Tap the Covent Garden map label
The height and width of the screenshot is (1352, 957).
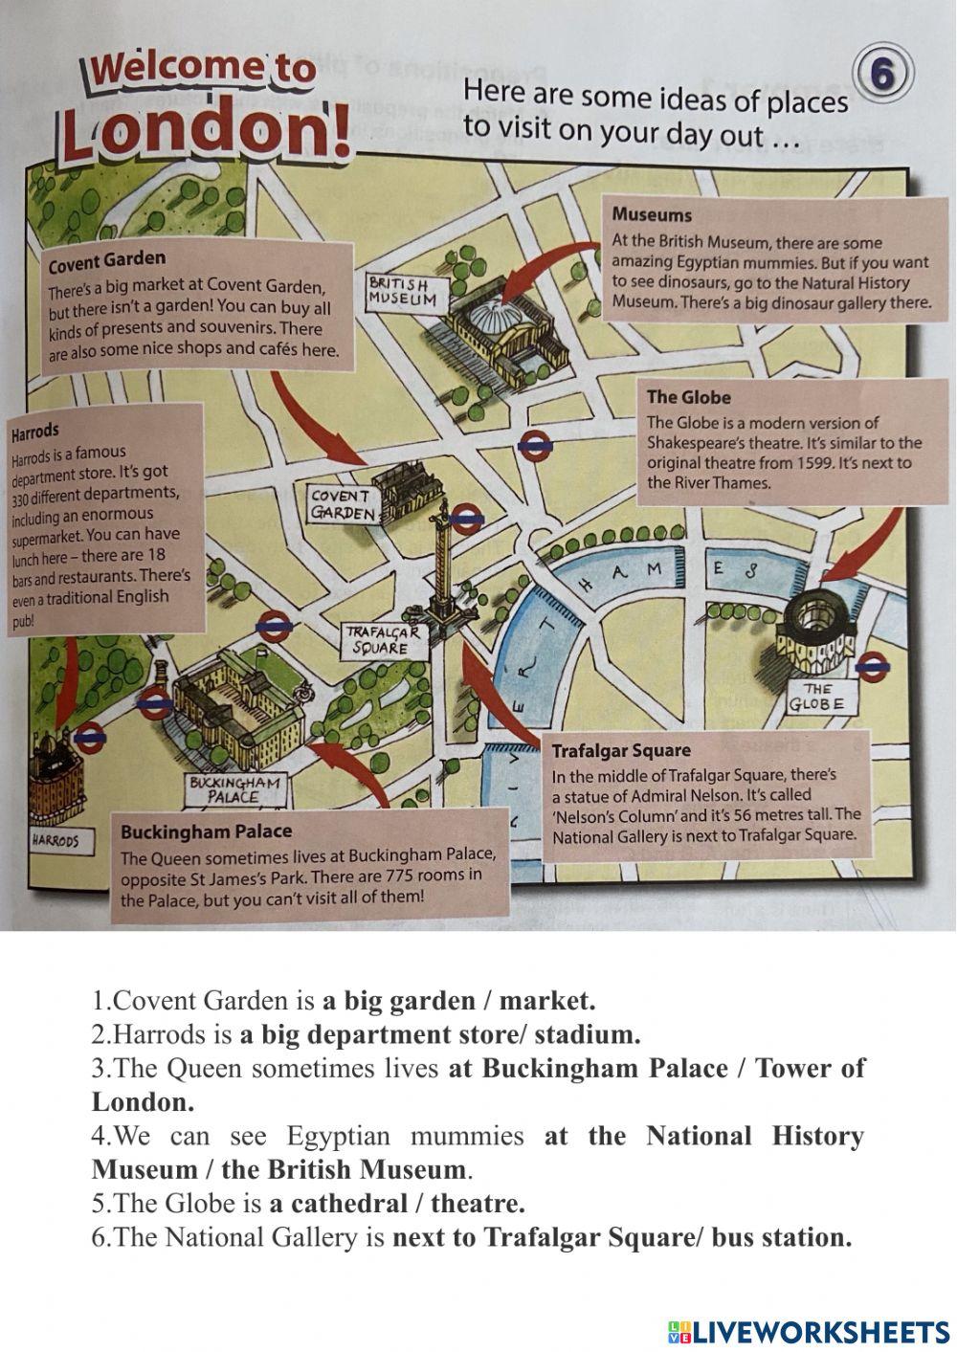(x=342, y=504)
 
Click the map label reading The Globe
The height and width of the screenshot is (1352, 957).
(x=816, y=697)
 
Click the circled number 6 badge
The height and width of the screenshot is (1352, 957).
(x=884, y=76)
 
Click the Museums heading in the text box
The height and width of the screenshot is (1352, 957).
(x=652, y=215)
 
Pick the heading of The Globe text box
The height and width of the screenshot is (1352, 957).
(x=688, y=397)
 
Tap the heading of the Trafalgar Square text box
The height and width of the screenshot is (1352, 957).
(x=621, y=750)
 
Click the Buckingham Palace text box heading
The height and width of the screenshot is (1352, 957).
(x=206, y=831)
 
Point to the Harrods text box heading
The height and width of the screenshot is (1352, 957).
(x=34, y=432)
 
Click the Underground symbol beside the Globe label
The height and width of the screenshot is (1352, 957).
(x=873, y=667)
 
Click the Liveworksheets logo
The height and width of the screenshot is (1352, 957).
(x=809, y=1331)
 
